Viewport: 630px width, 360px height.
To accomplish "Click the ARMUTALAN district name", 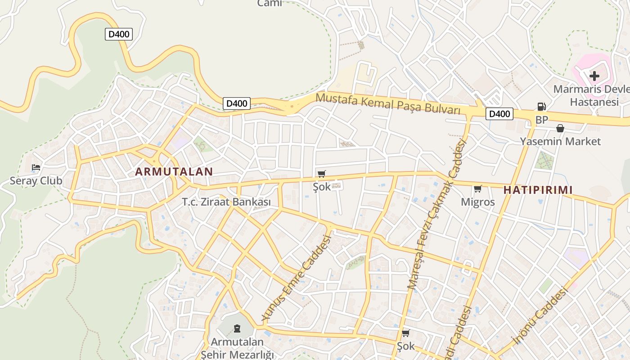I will point(174,171).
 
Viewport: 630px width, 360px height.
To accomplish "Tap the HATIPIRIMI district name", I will point(538,190).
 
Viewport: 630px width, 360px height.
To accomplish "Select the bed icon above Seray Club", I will point(36,168).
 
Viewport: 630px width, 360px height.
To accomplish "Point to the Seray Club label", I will point(36,181).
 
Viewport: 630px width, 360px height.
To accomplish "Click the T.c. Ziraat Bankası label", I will point(226,202).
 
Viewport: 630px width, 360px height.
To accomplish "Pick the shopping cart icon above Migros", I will point(477,189).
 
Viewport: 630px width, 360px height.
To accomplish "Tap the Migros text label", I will point(477,202).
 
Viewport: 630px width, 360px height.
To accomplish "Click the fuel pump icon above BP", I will point(541,107).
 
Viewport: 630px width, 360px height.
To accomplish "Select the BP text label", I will point(541,120).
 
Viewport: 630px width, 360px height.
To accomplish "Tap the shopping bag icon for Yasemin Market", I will point(560,128).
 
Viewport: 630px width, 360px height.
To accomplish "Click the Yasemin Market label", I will point(560,141).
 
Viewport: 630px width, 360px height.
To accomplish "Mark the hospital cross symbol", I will point(594,76).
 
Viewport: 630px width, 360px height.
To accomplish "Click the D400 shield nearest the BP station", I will point(499,114).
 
